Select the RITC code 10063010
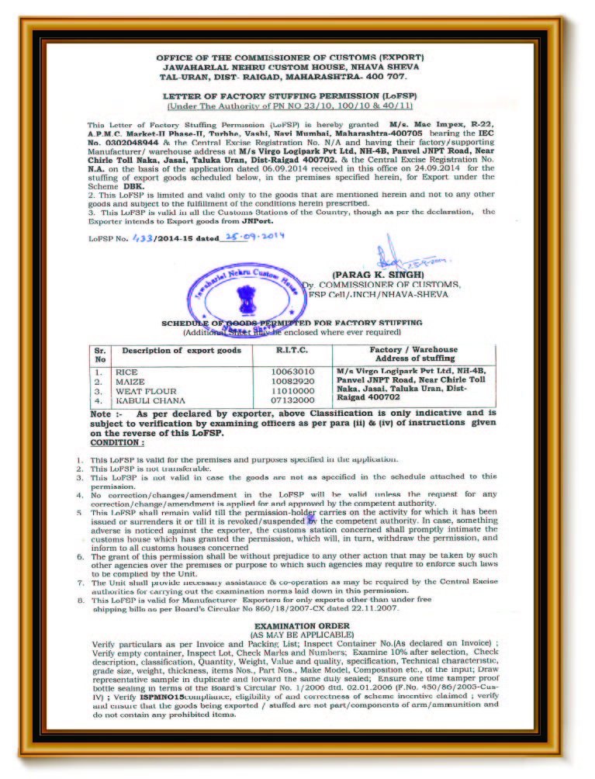click(292, 372)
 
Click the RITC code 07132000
click(292, 400)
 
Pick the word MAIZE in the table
click(130, 382)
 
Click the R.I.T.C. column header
click(292, 351)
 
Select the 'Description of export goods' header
click(182, 351)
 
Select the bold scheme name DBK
click(132, 187)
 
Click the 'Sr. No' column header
click(100, 355)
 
